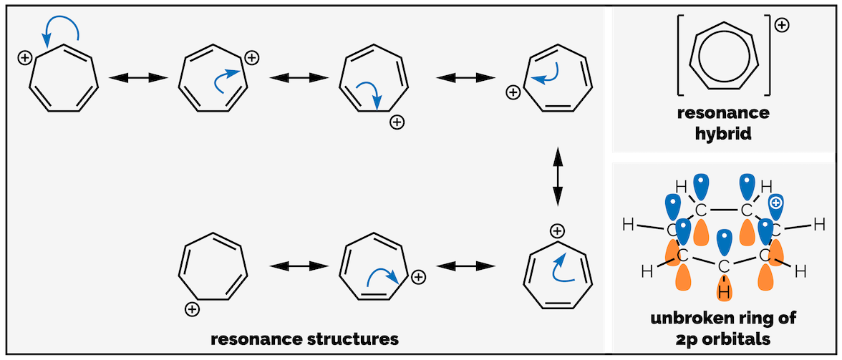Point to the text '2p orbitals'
pos(723,337)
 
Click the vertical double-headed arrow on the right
pos(557,177)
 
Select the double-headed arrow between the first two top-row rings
pos(137,77)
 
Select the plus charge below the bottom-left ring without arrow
pos(191,310)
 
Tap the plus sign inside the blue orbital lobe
pos(775,204)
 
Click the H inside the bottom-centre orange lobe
pos(724,292)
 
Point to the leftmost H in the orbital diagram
pos(628,224)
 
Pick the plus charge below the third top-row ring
pos(397,123)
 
